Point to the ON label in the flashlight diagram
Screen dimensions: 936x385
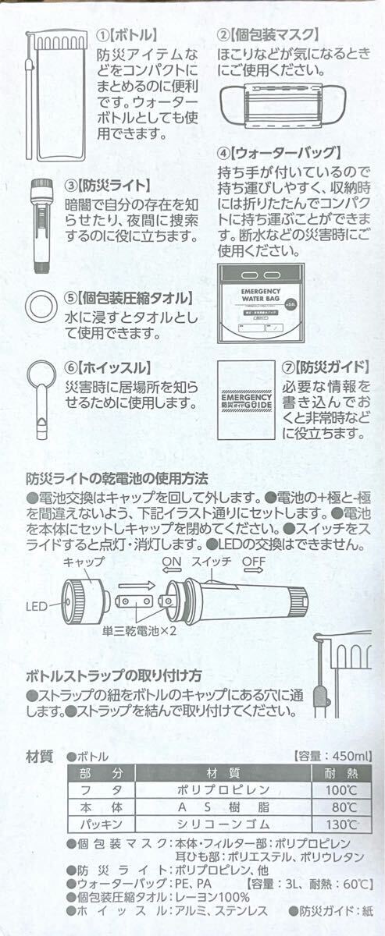click(x=171, y=562)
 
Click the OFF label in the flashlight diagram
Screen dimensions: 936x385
click(x=253, y=562)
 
